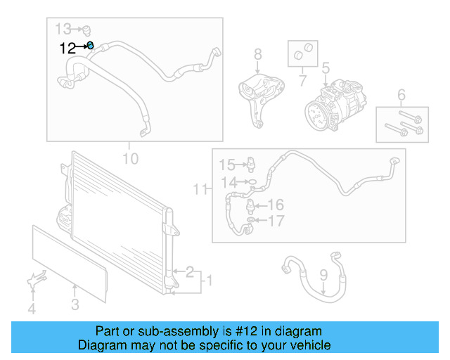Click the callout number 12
click(x=68, y=48)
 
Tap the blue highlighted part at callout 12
click(x=91, y=46)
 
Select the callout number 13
click(x=64, y=29)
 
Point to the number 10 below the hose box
click(x=130, y=158)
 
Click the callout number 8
click(x=257, y=54)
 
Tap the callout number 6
click(x=401, y=95)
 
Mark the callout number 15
click(x=225, y=165)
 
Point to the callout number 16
click(x=275, y=205)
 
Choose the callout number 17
click(x=275, y=221)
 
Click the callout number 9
click(x=323, y=275)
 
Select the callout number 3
click(x=75, y=304)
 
